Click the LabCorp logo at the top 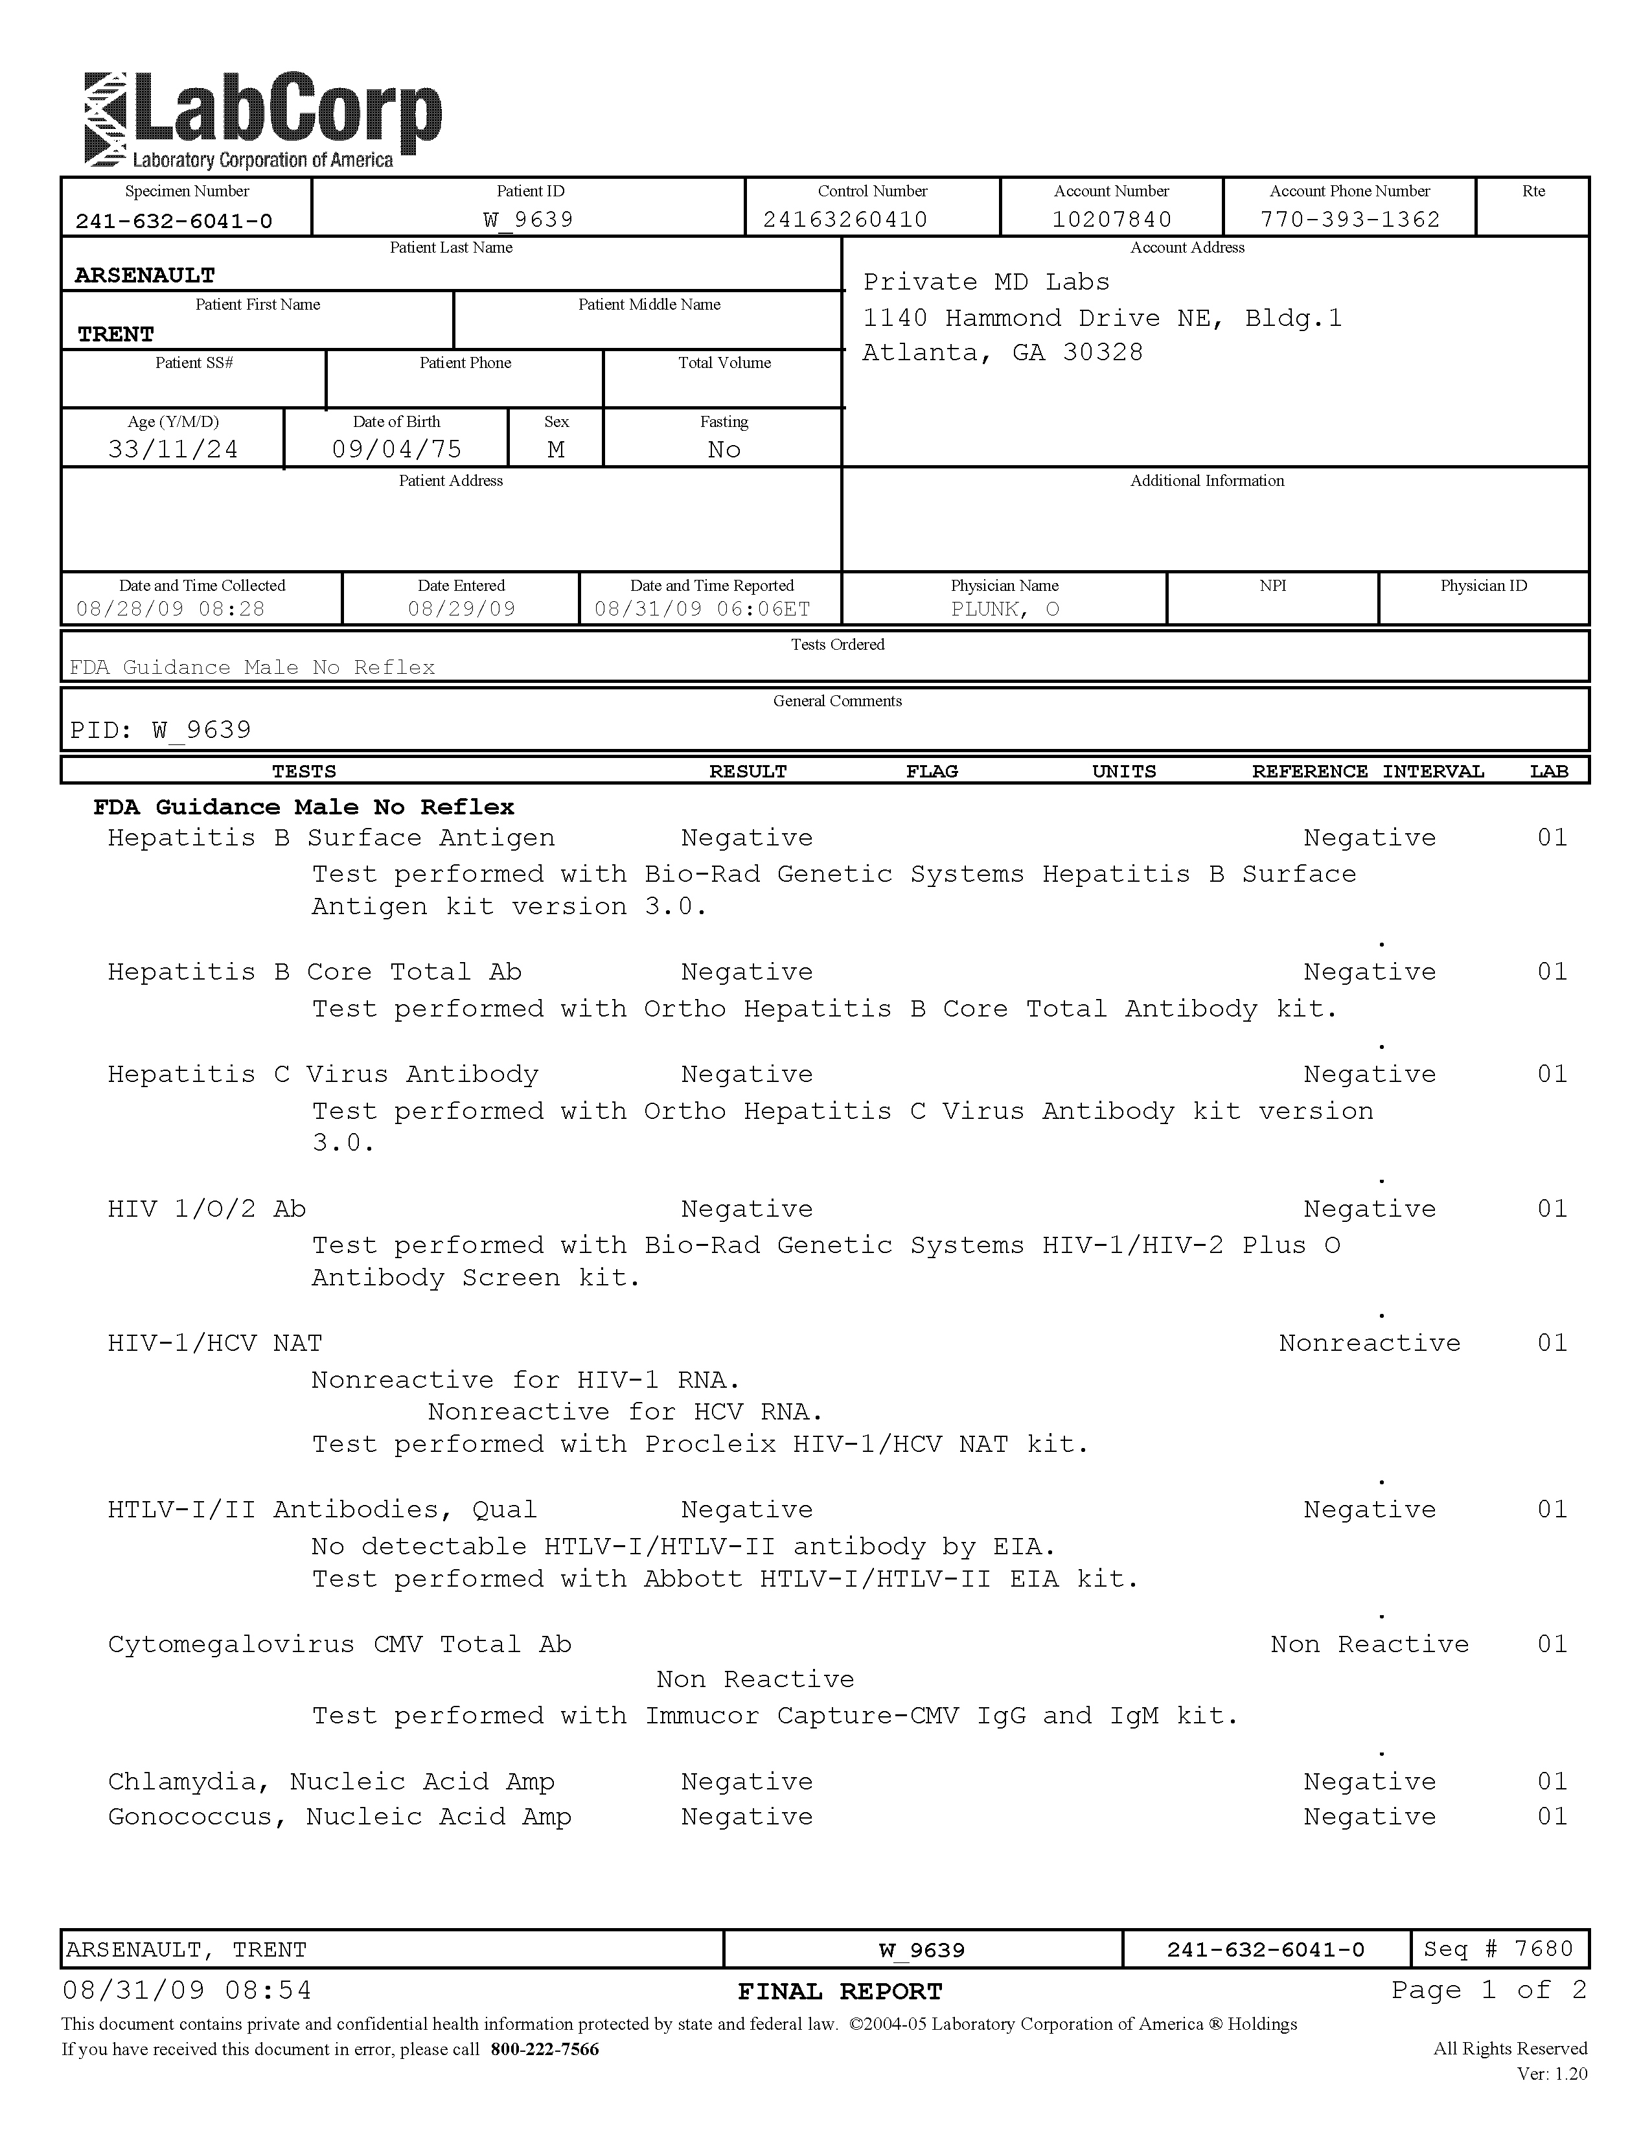pyautogui.click(x=262, y=121)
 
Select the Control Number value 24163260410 pyautogui.click(x=845, y=219)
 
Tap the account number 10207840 pyautogui.click(x=1111, y=219)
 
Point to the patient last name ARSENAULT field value pyautogui.click(x=145, y=276)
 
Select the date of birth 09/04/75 pyautogui.click(x=396, y=450)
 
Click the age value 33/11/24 pyautogui.click(x=173, y=450)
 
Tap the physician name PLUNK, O pyautogui.click(x=1004, y=609)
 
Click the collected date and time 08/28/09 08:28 pyautogui.click(x=170, y=609)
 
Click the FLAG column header pyautogui.click(x=931, y=772)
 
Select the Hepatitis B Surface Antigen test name pyautogui.click(x=331, y=838)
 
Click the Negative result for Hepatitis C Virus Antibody pyautogui.click(x=747, y=1075)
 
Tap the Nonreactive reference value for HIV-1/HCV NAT pyautogui.click(x=1369, y=1343)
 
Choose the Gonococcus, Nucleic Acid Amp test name pyautogui.click(x=339, y=1817)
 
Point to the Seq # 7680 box pyautogui.click(x=1498, y=1949)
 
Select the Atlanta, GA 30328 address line pyautogui.click(x=1002, y=352)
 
